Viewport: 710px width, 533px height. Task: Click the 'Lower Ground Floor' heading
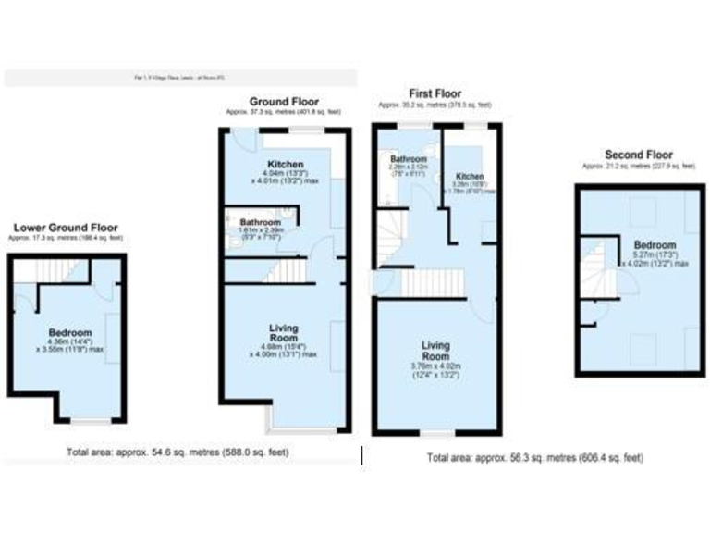click(65, 228)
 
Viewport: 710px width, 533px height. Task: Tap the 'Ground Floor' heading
click(285, 101)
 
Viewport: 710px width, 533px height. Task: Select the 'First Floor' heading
click(435, 93)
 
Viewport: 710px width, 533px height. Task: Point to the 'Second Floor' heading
click(639, 155)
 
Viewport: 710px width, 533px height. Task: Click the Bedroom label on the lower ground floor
click(70, 332)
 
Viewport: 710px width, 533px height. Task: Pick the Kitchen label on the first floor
click(470, 176)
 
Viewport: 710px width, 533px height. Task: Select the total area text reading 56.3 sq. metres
click(535, 457)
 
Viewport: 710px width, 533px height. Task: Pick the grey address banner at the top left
click(180, 79)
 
